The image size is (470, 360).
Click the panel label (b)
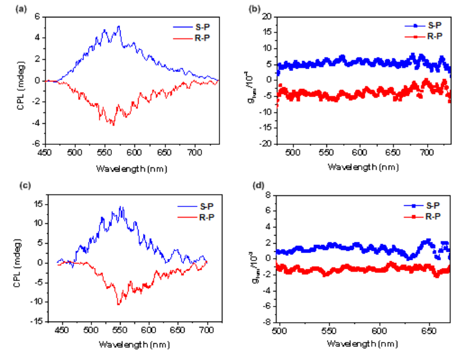pos(246,8)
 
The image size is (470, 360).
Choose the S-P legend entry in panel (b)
pos(433,25)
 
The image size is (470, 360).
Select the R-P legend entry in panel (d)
pos(433,216)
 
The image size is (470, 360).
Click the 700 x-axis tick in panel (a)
pos(195,151)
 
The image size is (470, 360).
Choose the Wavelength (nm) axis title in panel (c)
pos(129,345)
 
